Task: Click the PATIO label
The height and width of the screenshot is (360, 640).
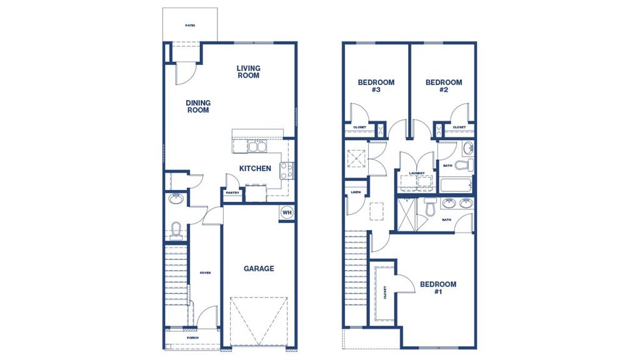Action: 190,26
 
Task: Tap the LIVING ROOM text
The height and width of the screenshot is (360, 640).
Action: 248,72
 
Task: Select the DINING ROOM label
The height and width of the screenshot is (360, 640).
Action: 197,106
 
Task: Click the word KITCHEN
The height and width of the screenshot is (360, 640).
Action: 256,168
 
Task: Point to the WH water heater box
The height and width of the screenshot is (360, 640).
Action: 287,212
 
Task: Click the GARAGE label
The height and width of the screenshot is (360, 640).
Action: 259,269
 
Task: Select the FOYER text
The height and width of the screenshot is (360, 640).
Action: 204,273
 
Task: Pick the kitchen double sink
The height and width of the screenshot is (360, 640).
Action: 256,147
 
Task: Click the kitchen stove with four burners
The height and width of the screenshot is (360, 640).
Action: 286,169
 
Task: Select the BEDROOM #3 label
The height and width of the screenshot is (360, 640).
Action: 376,86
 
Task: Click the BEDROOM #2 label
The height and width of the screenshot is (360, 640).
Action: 444,86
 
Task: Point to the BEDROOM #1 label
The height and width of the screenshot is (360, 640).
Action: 437,287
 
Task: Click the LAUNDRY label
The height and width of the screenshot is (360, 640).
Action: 417,173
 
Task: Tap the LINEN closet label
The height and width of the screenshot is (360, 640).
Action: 355,192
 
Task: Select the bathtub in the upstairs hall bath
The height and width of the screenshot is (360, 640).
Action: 456,185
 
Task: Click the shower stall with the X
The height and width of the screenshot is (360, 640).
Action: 407,216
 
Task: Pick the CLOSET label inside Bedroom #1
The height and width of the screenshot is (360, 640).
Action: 384,292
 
